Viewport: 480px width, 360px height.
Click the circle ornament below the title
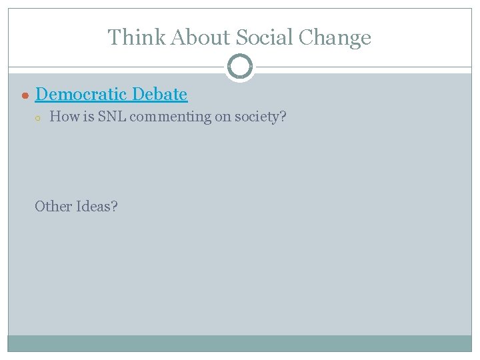point(240,67)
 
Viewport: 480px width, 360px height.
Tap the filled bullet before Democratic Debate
point(25,95)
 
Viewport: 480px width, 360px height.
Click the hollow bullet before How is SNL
point(39,118)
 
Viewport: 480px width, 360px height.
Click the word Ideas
point(93,206)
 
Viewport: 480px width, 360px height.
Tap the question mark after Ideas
point(115,206)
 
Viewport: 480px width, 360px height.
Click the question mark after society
point(283,117)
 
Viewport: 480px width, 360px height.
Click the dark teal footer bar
point(240,343)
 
